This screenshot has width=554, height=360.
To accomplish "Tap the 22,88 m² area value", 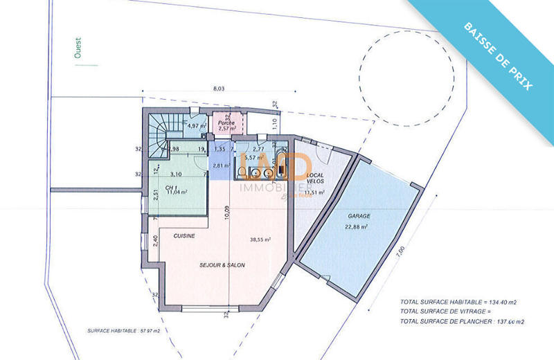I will (357, 226).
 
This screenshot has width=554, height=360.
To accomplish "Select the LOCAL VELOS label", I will (315, 177).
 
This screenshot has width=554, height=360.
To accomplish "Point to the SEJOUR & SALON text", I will (222, 265).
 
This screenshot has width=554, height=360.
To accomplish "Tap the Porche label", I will (227, 122).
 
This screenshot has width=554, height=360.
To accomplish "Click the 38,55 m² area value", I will (260, 240).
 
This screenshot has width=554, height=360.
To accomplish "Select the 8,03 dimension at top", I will (219, 89).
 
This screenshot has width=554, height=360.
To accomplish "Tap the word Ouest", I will (76, 48).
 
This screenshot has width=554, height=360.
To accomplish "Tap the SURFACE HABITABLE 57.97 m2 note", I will (123, 330).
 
